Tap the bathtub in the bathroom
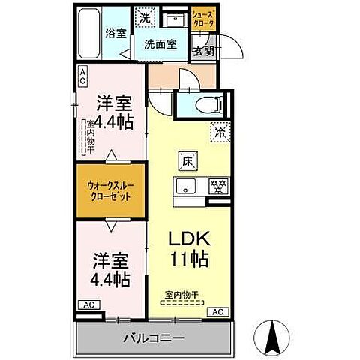(91, 35)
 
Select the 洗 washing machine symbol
(142, 16)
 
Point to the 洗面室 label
(160, 44)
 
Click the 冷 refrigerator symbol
(220, 130)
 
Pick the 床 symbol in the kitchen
(186, 160)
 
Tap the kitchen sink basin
(185, 187)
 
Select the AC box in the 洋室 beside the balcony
(88, 306)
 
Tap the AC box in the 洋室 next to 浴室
(82, 75)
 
